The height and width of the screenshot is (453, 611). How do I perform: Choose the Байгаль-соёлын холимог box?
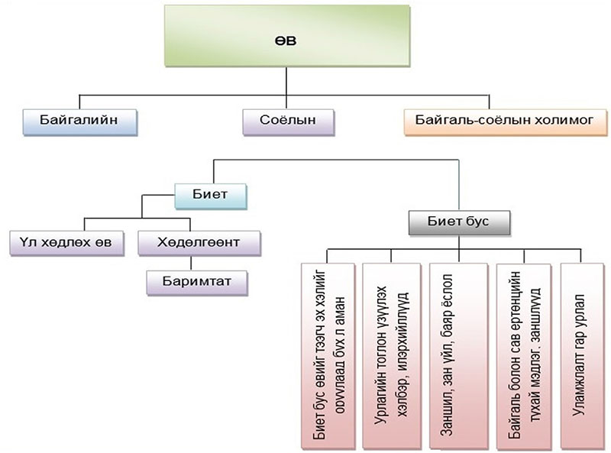click(x=499, y=121)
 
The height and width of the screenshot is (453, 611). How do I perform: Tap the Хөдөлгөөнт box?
click(x=199, y=244)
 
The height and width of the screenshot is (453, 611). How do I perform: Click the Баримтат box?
click(x=199, y=282)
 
